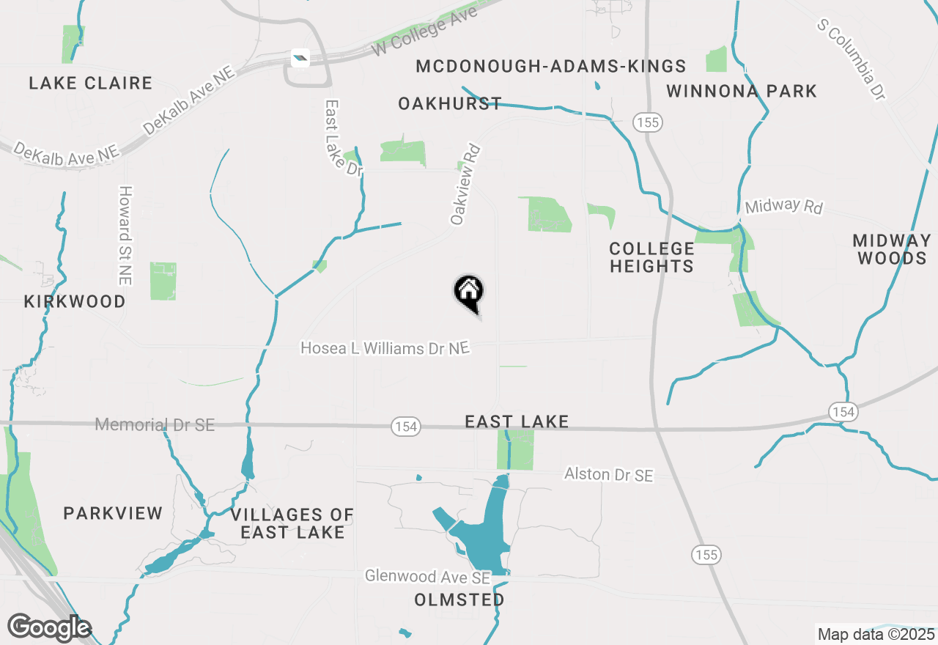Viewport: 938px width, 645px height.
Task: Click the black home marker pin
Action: [x=469, y=292]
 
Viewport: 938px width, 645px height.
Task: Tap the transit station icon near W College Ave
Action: [x=300, y=57]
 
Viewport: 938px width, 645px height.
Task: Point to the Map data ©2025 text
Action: [x=876, y=634]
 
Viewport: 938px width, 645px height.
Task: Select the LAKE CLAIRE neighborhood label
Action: [x=91, y=84]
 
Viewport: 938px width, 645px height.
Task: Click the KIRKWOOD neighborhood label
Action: [x=75, y=301]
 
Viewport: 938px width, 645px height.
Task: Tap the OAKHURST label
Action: [x=450, y=104]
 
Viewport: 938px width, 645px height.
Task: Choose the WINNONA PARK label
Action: [x=742, y=92]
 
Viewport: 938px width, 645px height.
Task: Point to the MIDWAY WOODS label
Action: [x=892, y=249]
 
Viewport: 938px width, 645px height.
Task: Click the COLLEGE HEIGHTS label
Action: [x=651, y=257]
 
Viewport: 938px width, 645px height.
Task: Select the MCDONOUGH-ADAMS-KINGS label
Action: [x=551, y=67]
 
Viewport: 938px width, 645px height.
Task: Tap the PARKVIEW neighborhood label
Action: [x=113, y=513]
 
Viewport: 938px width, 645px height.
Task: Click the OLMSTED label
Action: [x=459, y=600]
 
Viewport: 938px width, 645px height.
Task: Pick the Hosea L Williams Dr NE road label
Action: [x=385, y=348]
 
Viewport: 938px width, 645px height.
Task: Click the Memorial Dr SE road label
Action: [x=155, y=424]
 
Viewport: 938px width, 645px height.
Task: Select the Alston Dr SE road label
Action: [x=608, y=475]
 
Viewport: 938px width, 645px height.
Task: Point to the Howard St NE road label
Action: [x=125, y=235]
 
